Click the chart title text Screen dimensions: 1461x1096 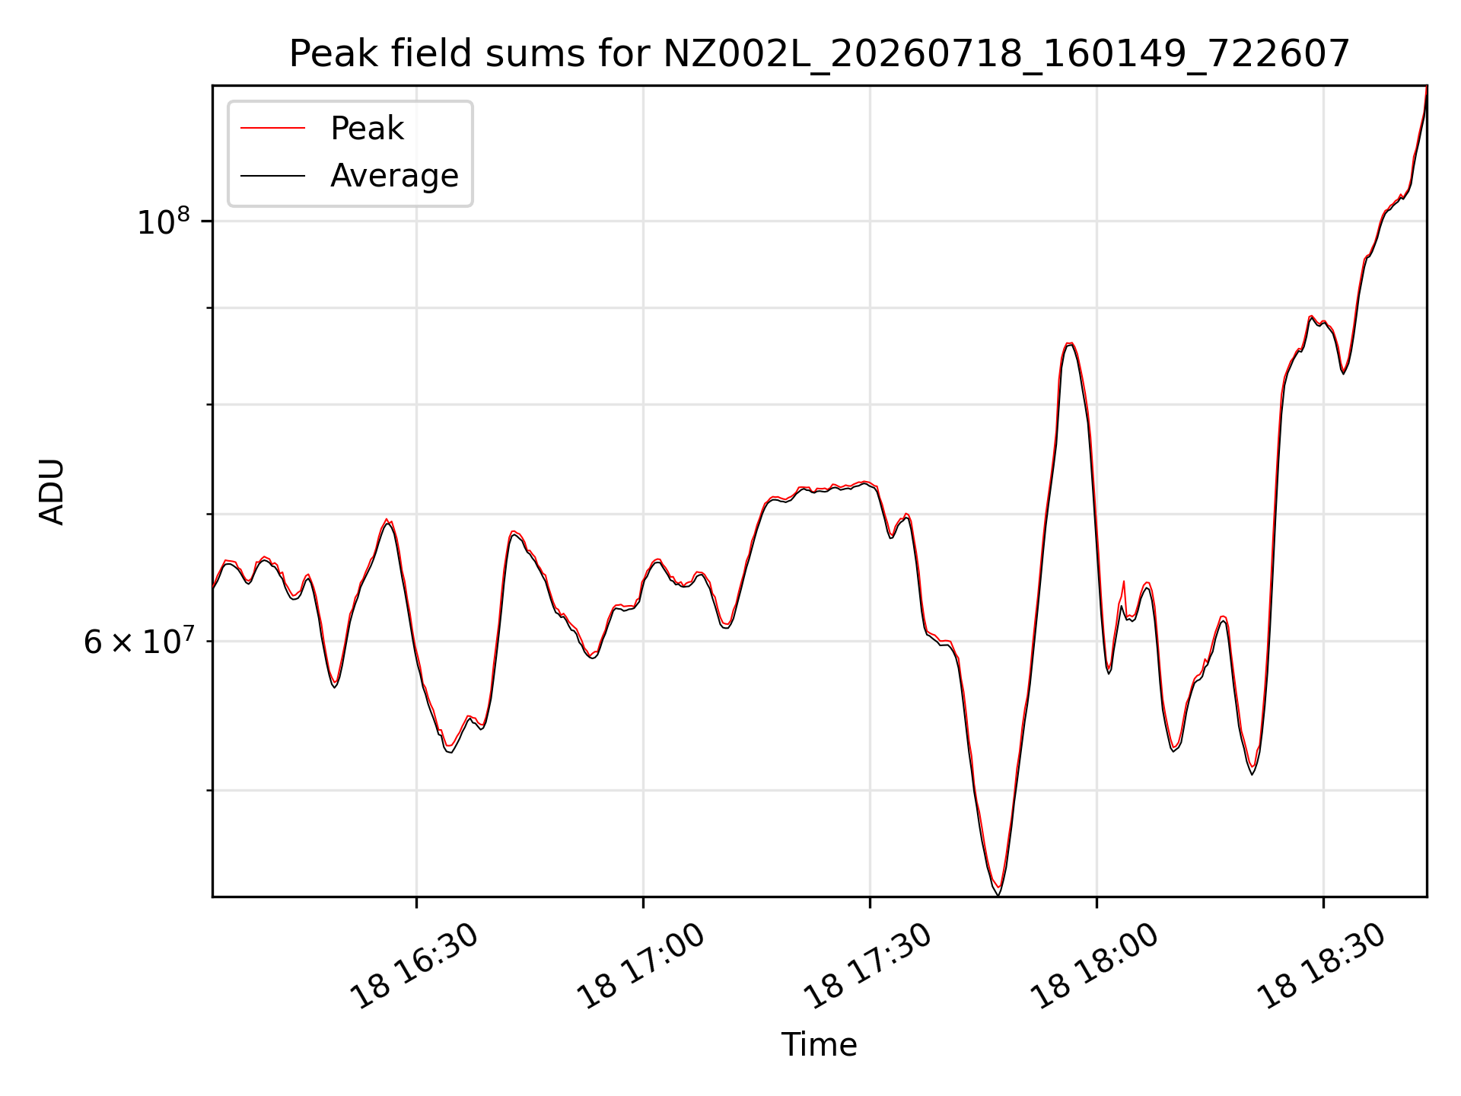(820, 54)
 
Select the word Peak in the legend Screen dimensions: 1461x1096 (367, 129)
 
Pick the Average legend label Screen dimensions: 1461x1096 (394, 176)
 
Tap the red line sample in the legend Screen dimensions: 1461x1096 (273, 129)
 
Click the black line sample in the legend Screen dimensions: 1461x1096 (273, 176)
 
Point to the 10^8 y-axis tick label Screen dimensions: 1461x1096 (164, 221)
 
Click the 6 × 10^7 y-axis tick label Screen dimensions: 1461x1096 (138, 642)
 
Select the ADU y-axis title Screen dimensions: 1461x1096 (52, 492)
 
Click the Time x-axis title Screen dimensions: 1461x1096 (820, 1045)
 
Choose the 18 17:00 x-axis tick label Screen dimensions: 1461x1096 (641, 967)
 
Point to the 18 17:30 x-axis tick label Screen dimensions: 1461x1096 (868, 967)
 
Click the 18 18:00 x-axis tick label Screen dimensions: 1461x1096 (1095, 967)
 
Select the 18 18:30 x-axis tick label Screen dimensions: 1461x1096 (1322, 967)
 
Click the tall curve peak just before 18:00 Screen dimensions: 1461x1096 (1070, 344)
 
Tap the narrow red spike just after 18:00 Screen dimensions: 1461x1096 (1123, 583)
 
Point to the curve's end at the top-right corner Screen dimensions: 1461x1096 (1426, 88)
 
